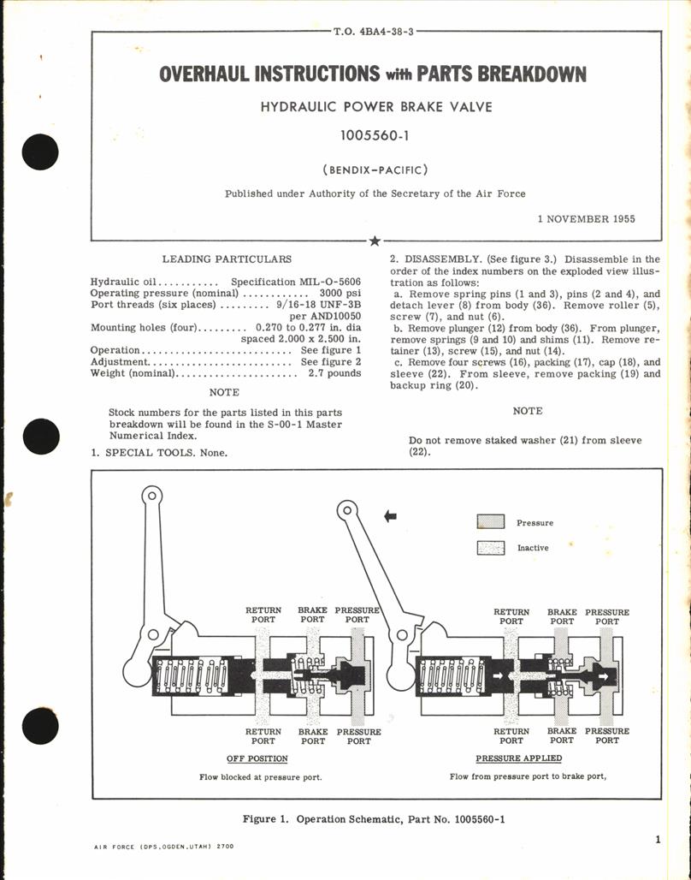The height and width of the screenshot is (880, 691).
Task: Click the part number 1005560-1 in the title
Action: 372,135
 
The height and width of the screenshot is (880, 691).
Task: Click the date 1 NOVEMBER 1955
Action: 586,219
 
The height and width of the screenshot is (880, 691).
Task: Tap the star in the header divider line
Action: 372,241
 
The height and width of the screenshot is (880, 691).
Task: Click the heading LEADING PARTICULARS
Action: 227,259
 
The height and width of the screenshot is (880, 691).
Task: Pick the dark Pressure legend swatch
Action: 490,522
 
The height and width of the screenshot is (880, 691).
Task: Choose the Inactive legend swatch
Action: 490,548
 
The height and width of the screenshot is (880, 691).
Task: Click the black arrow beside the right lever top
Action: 392,515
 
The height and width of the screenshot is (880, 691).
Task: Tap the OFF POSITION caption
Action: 257,758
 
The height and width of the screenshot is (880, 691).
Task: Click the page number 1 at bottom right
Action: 657,840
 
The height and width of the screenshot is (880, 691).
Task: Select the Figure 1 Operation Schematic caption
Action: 374,819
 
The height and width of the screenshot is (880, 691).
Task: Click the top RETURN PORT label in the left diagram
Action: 263,615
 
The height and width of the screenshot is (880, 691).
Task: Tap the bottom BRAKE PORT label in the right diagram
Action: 562,735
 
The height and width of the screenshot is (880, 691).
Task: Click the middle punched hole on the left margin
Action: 40,439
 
